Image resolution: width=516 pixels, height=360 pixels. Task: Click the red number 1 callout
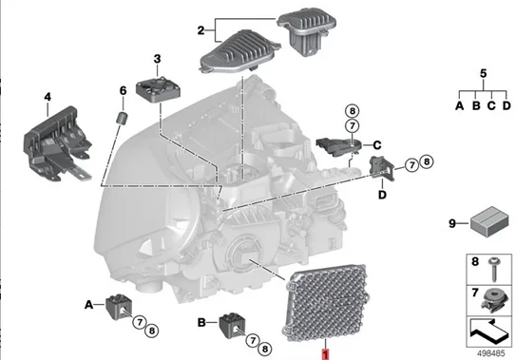[326, 352]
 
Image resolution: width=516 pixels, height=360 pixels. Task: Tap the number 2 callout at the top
[201, 30]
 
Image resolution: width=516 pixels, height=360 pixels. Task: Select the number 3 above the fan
[158, 59]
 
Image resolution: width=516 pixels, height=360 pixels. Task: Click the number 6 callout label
[122, 91]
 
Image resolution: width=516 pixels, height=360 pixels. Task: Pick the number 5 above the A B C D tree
[482, 72]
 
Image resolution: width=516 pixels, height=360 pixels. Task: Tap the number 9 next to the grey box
[451, 224]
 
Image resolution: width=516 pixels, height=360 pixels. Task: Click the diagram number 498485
[490, 351]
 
